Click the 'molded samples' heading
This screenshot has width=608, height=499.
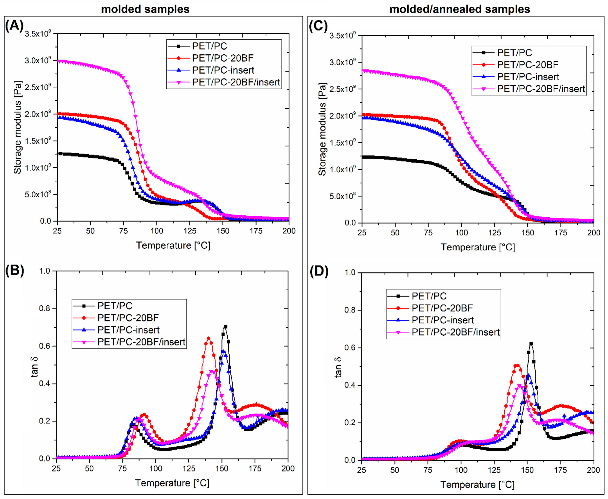[145, 9]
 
